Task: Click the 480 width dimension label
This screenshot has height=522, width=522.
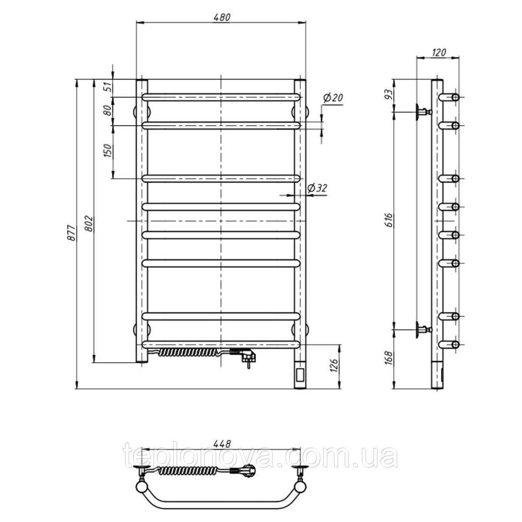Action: point(222,17)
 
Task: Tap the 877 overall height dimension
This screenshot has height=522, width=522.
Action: point(74,233)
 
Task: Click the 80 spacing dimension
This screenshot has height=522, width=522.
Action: point(108,110)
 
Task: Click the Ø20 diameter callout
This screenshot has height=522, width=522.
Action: point(333,98)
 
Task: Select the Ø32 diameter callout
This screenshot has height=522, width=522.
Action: point(317,188)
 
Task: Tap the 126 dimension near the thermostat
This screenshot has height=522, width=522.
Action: point(335,365)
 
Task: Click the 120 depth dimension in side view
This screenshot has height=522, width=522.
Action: point(438,52)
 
